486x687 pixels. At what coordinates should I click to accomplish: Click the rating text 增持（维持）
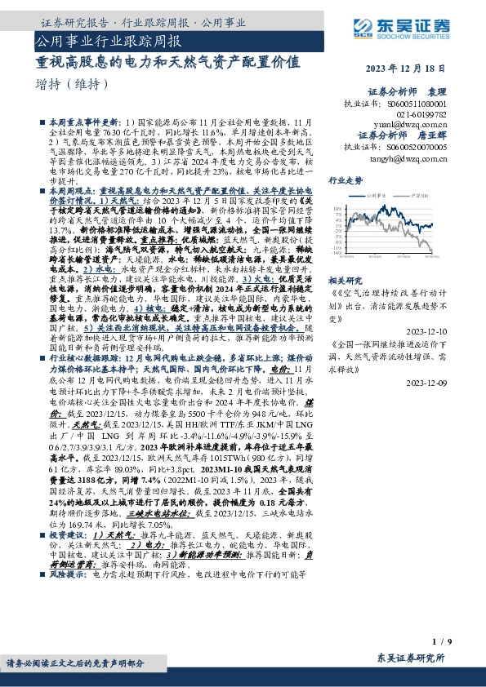(x=74, y=84)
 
